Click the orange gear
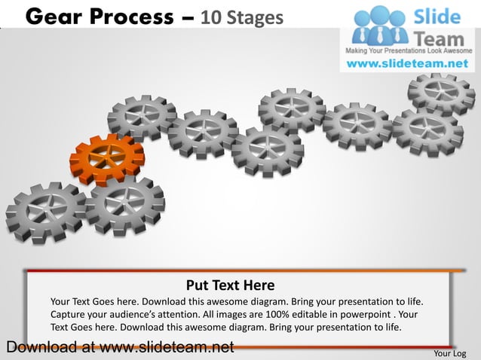pos(106,159)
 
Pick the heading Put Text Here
pos(230,285)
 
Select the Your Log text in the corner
pos(450,352)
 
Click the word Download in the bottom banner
pos(38,347)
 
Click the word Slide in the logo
pos(440,16)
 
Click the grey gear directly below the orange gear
pos(124,205)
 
